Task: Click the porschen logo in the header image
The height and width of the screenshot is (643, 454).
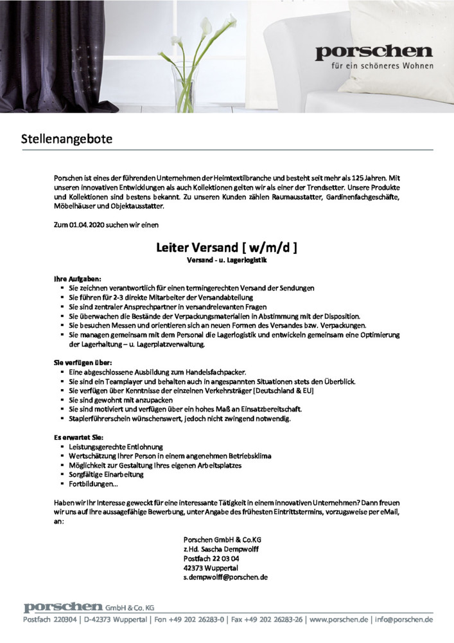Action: coord(374,52)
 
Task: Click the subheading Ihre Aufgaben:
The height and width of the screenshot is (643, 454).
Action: coord(77,280)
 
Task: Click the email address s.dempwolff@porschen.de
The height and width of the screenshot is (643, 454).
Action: coord(225,577)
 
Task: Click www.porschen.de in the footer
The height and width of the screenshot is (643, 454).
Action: coord(338,620)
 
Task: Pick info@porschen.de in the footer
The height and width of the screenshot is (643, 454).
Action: coord(405,620)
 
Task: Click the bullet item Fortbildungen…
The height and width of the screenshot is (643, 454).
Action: coord(94,484)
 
